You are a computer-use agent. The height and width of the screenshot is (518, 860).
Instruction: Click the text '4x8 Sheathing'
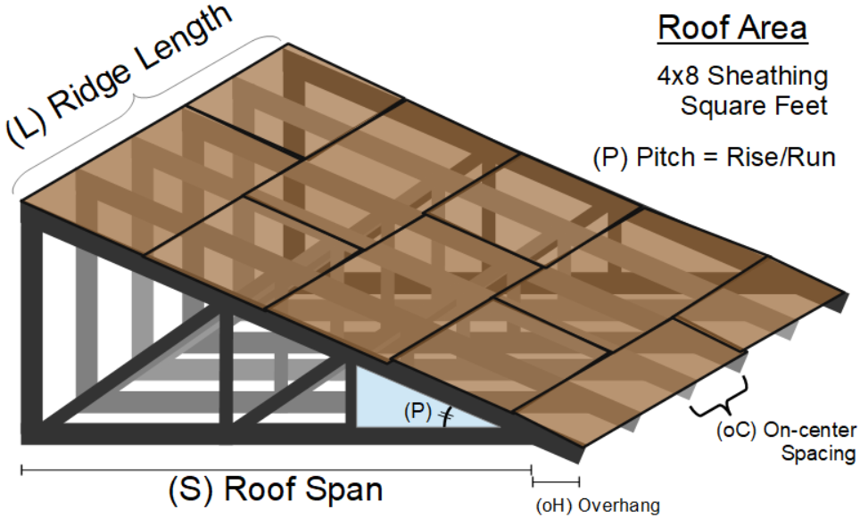tap(742, 76)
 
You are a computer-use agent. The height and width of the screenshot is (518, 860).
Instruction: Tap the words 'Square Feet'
tap(754, 106)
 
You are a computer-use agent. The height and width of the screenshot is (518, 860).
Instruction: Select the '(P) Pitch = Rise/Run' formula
tap(714, 158)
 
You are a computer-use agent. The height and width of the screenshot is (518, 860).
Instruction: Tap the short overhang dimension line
tap(555, 482)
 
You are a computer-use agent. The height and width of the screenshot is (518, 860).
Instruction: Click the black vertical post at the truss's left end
tap(33, 330)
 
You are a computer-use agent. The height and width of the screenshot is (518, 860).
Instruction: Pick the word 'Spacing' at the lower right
tap(818, 453)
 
